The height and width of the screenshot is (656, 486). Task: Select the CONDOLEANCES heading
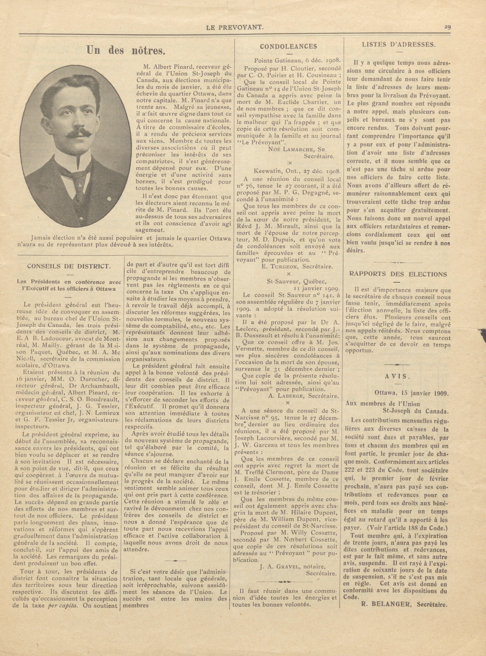[x=288, y=46]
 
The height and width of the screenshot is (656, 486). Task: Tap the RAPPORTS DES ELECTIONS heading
[x=398, y=274]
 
